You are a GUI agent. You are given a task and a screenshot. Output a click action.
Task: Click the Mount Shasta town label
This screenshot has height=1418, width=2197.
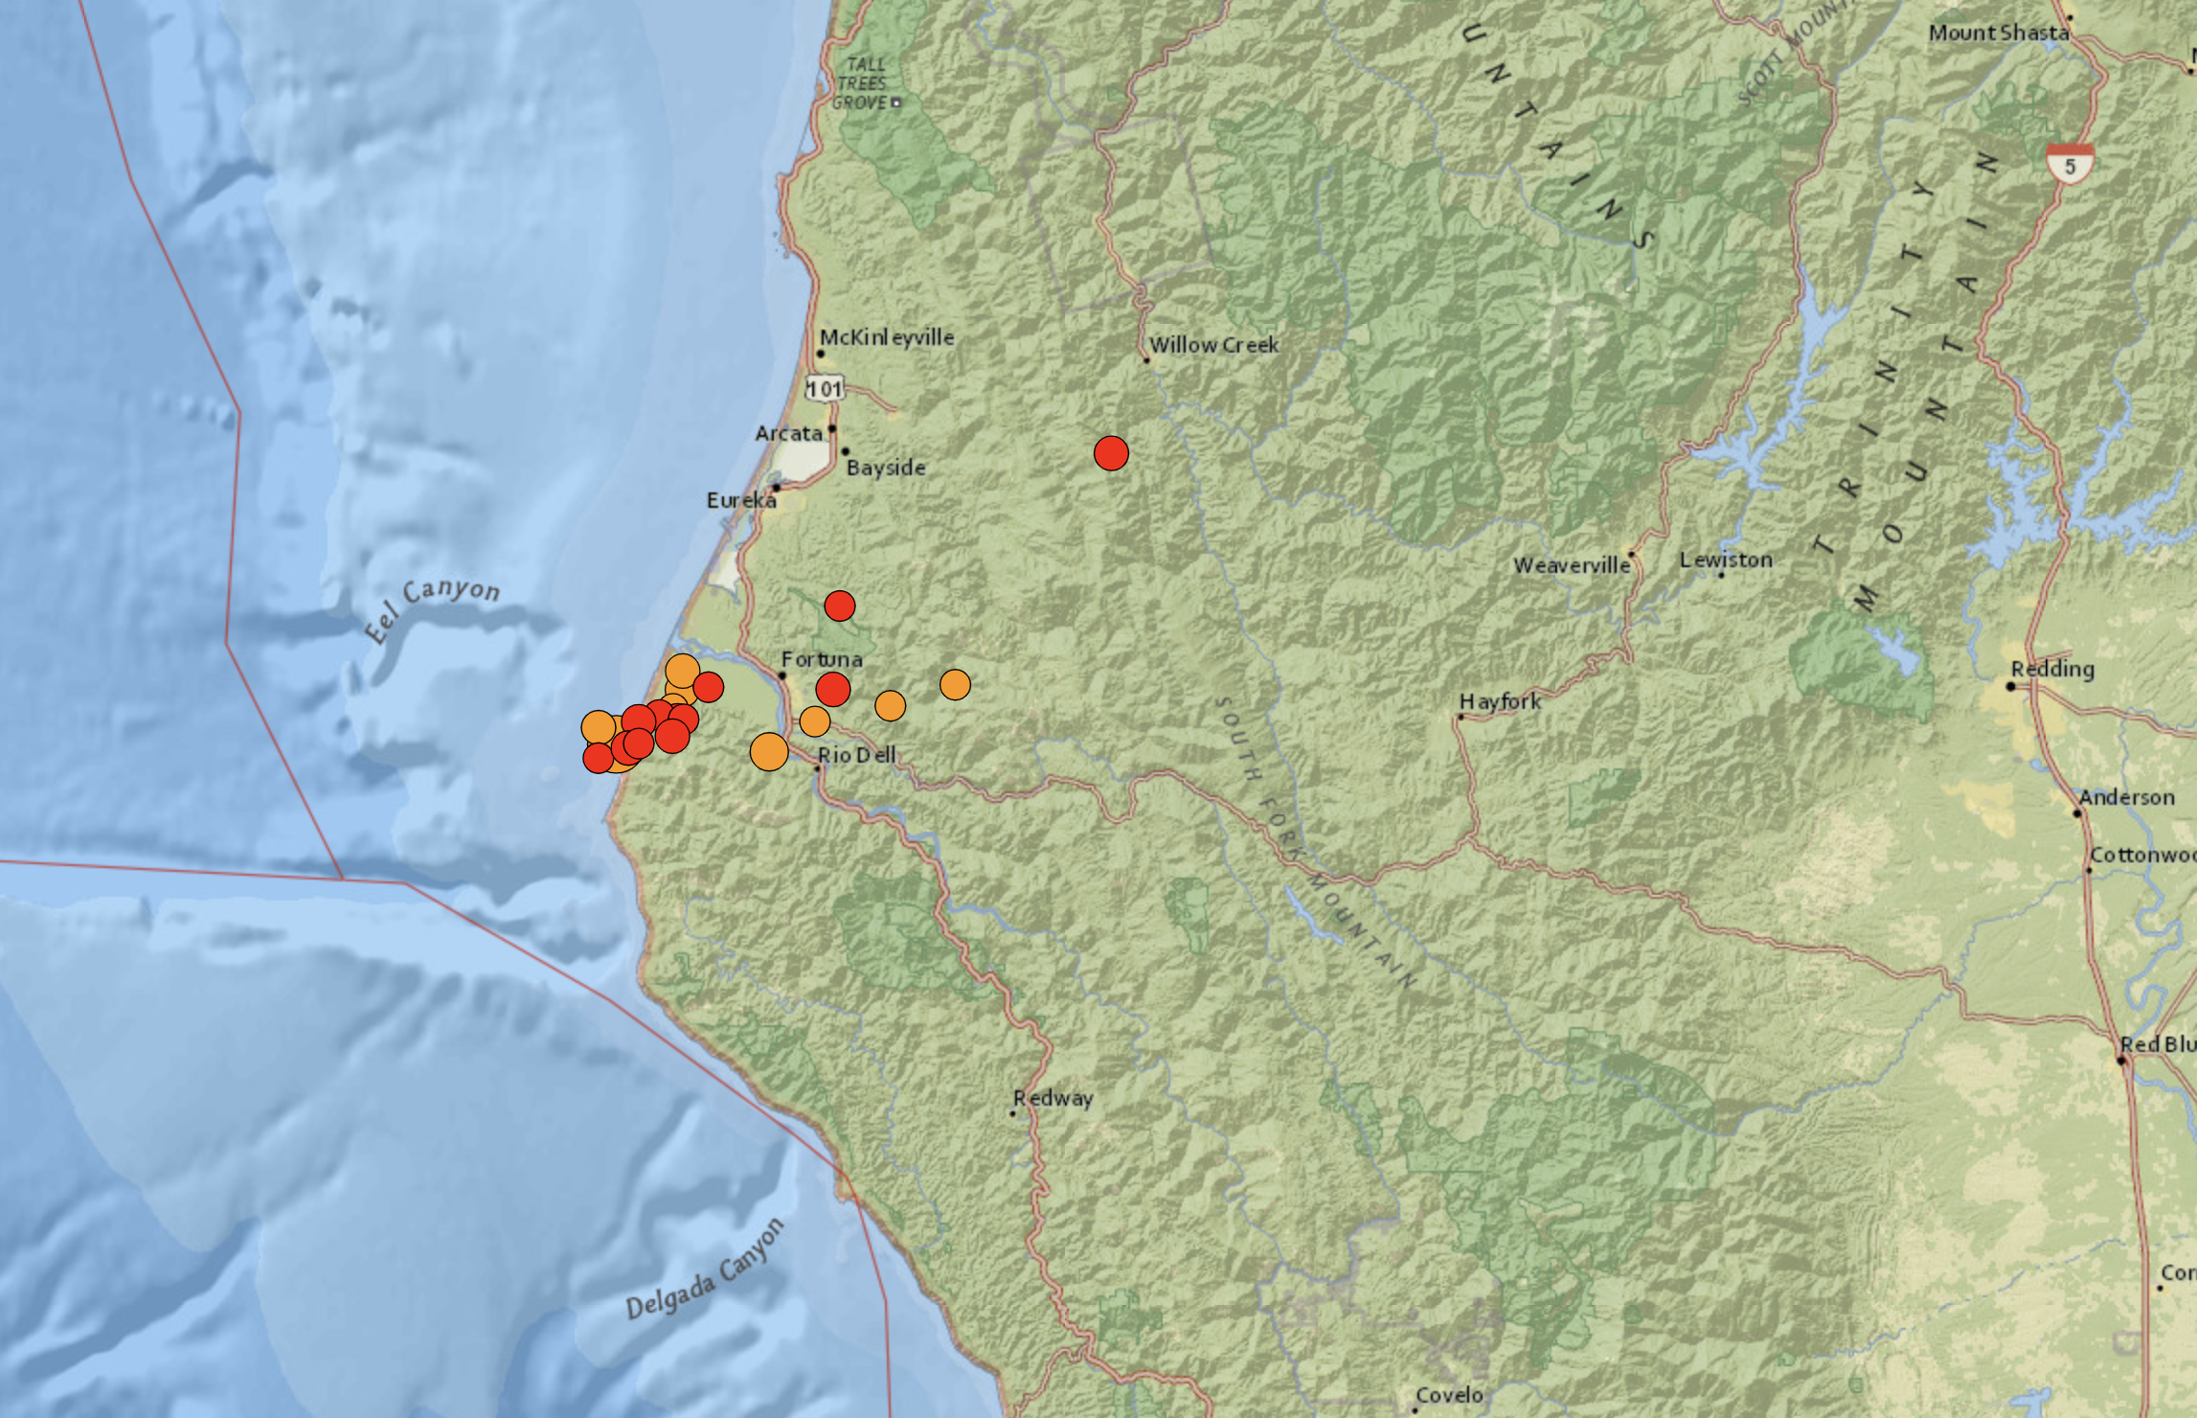pos(1998,33)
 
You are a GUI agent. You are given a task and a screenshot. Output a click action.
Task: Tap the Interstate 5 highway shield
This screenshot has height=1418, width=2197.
pos(2070,164)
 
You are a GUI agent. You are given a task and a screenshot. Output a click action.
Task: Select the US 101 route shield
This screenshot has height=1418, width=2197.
pos(825,388)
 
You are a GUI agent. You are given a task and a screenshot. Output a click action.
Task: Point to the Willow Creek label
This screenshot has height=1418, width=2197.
pos(1213,345)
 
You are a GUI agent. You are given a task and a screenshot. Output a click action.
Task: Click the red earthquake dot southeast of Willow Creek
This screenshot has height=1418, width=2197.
pos(1111,453)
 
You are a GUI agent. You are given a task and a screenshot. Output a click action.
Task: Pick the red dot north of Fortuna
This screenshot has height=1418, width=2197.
pos(839,606)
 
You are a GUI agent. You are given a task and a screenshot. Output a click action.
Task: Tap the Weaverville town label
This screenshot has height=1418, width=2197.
pos(1572,565)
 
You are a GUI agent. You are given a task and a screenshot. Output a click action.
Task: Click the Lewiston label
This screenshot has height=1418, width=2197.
pos(1726,560)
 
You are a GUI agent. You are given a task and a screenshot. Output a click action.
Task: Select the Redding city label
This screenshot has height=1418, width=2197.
pos(2052,669)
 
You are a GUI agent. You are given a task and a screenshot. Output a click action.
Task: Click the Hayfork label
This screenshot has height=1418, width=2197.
pos(1501,701)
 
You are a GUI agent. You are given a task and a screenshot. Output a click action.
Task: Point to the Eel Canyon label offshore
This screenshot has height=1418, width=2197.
pos(433,609)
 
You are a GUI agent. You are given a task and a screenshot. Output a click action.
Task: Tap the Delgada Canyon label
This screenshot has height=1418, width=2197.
pos(705,1270)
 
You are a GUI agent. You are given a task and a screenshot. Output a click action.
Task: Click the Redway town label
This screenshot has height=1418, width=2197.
pos(1053,1098)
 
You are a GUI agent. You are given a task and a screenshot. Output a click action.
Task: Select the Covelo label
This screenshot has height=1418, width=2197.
pos(1449,1395)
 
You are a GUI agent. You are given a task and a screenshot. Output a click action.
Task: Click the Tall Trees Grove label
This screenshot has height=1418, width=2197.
pos(861,83)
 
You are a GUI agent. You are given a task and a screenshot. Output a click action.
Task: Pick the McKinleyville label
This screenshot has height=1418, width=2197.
pos(887,337)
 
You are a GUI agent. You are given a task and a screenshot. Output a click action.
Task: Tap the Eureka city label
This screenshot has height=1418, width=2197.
pos(741,500)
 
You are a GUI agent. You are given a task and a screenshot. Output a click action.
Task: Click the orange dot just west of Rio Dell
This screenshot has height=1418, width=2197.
pos(769,752)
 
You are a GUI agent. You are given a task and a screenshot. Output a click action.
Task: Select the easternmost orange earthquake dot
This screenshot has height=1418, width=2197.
pos(955,684)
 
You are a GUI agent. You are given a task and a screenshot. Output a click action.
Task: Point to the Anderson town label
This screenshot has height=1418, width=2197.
pos(2126,797)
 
